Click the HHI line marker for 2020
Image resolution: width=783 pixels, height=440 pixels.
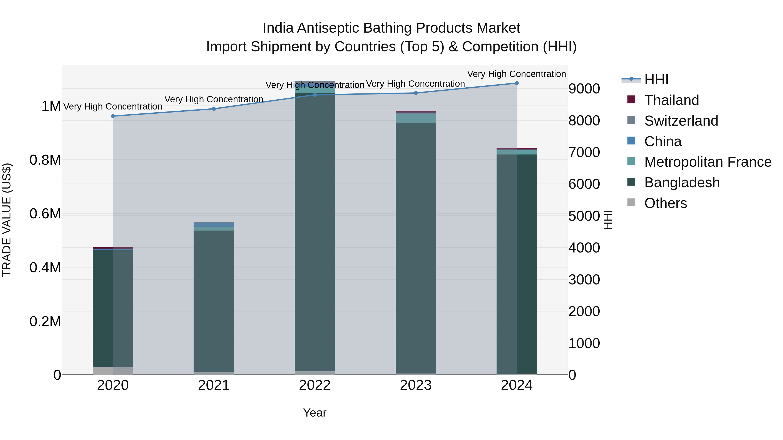click(x=113, y=116)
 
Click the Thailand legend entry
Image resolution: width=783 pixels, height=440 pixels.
click(x=671, y=100)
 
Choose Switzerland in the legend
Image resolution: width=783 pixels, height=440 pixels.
click(x=681, y=121)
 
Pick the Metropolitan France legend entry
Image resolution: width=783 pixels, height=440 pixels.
click(x=707, y=162)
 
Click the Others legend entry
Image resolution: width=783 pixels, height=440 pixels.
click(x=665, y=203)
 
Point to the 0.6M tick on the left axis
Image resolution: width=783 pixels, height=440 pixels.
click(x=45, y=214)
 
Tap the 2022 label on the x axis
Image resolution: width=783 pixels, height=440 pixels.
click(x=315, y=385)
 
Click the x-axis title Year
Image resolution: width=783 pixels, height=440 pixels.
click(x=315, y=413)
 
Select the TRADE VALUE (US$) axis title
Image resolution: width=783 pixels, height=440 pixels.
click(x=7, y=220)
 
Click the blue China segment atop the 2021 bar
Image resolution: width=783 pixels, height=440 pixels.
click(x=214, y=224)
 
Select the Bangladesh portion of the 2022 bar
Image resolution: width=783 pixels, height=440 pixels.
click(x=315, y=231)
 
